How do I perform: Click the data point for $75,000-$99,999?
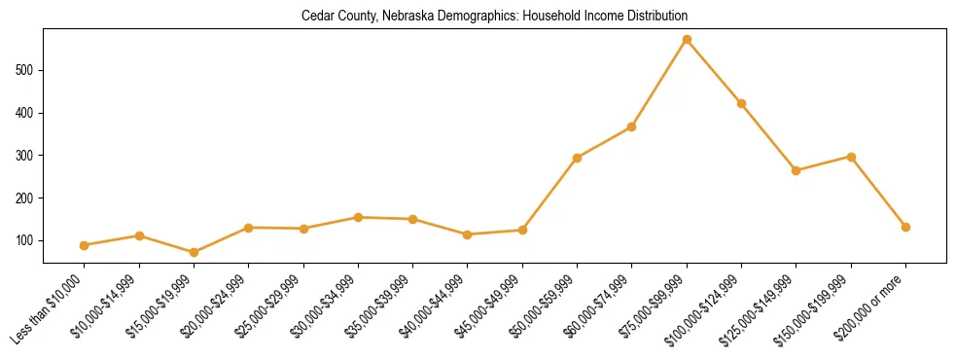pyautogui.click(x=687, y=40)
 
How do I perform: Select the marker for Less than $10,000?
pyautogui.click(x=85, y=245)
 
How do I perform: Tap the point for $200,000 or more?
pyautogui.click(x=905, y=227)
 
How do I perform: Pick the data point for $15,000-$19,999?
pyautogui.click(x=195, y=253)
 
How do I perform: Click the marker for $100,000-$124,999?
pyautogui.click(x=741, y=103)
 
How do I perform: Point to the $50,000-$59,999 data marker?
pyautogui.click(x=578, y=158)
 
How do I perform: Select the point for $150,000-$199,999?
pyautogui.click(x=851, y=157)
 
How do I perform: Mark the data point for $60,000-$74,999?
pyautogui.click(x=632, y=126)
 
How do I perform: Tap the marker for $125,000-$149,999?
pyautogui.click(x=797, y=170)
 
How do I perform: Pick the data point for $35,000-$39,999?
pyautogui.click(x=413, y=219)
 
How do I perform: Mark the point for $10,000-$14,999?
pyautogui.click(x=139, y=235)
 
